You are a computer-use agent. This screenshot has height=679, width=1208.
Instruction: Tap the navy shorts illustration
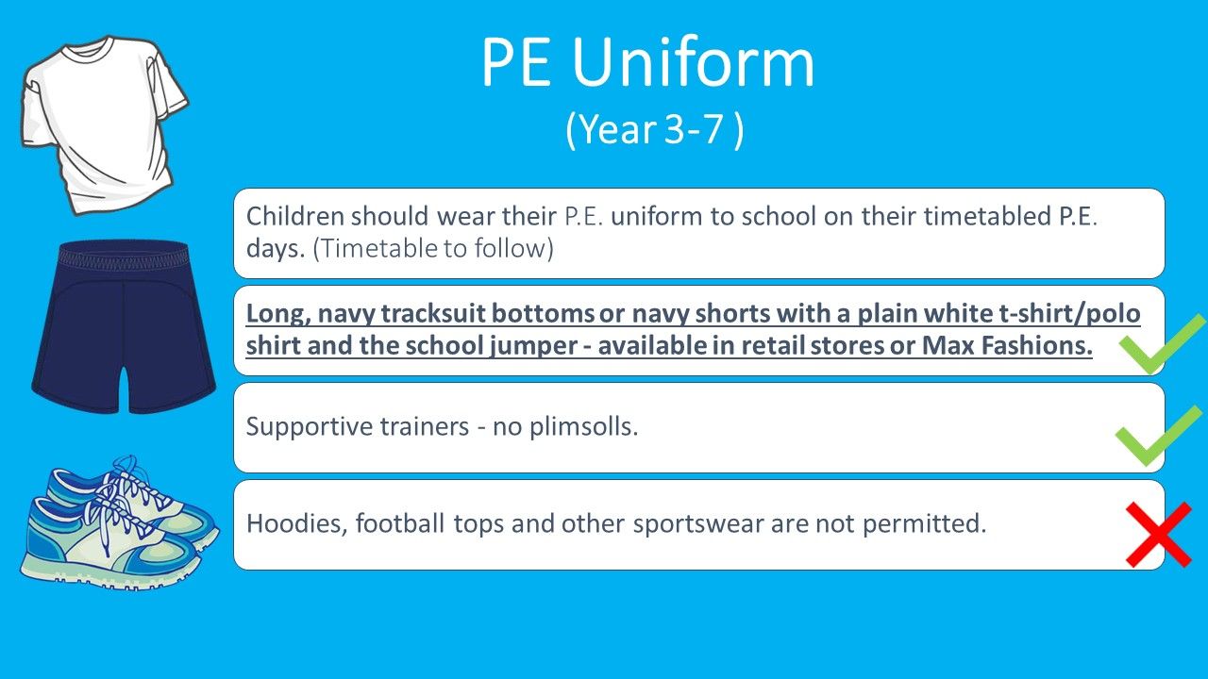click(x=124, y=327)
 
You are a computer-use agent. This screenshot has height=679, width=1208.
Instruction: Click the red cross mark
click(x=1158, y=535)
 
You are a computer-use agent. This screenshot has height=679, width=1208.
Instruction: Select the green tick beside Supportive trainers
click(x=1158, y=436)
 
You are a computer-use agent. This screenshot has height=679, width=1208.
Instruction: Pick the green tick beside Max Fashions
click(x=1162, y=344)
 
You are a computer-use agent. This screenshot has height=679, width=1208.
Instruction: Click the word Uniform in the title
click(x=693, y=62)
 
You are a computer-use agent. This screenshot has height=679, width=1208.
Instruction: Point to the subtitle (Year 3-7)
click(x=655, y=129)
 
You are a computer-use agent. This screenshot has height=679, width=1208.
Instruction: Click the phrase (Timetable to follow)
click(x=433, y=248)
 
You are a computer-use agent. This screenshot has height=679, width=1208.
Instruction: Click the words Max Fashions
click(x=1007, y=345)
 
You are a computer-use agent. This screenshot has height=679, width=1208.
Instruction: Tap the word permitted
click(x=924, y=523)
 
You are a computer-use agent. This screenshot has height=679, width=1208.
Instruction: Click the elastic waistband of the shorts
click(x=124, y=254)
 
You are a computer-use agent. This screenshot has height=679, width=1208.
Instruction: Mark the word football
click(x=399, y=523)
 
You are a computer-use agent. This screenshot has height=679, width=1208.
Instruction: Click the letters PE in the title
click(x=516, y=62)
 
